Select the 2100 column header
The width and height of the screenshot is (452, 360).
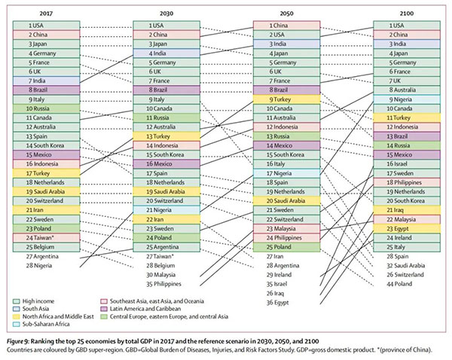pyautogui.click(x=408, y=13)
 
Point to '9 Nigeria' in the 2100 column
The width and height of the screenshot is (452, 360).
pyautogui.click(x=408, y=99)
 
